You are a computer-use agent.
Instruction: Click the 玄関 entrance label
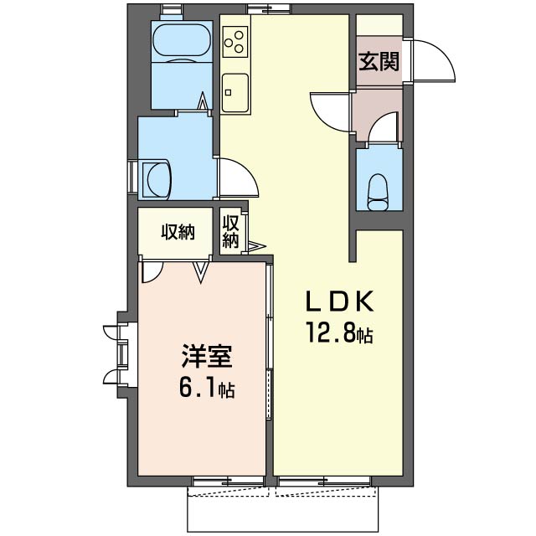[379, 62]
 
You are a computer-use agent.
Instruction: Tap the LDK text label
[338, 301]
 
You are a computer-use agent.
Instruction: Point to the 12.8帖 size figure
[340, 332]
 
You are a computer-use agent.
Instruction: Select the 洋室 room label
[207, 357]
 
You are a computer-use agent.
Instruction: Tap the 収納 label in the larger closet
[178, 232]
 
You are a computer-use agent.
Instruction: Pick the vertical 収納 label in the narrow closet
[230, 232]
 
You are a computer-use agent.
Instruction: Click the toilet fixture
[379, 192]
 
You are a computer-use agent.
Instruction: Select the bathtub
[182, 42]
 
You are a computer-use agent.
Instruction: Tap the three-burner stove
[235, 42]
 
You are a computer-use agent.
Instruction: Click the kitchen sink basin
[234, 93]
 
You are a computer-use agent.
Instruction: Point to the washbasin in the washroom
[157, 179]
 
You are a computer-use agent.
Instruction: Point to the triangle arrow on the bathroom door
[203, 100]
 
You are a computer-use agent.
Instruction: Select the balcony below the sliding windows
[282, 508]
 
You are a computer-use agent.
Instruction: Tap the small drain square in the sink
[228, 92]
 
